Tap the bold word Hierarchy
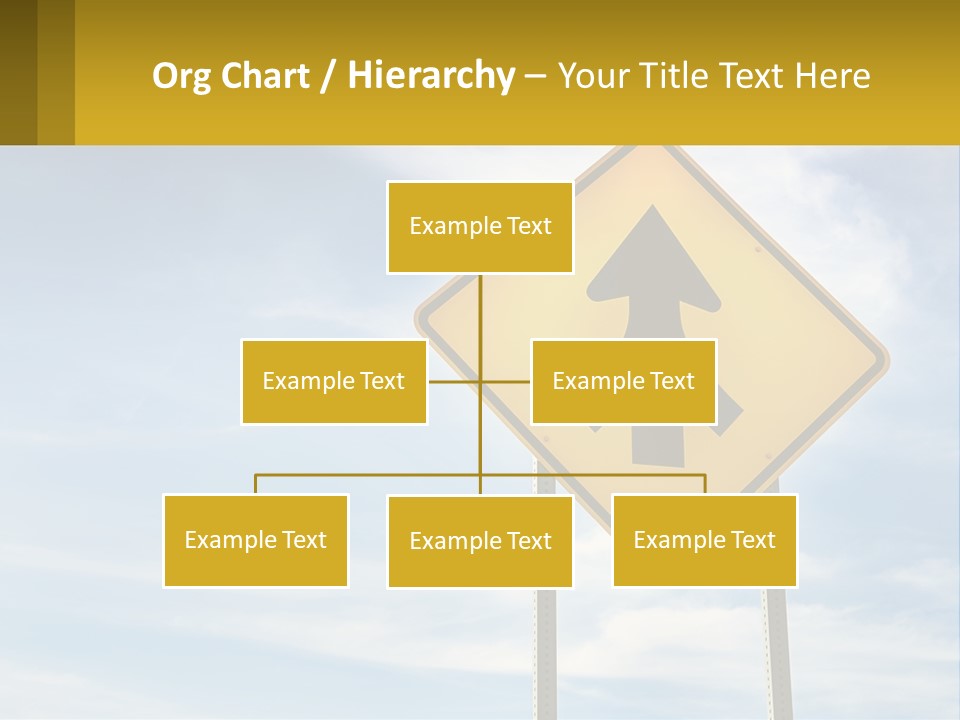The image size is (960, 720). [431, 77]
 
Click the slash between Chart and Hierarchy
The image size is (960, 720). [328, 77]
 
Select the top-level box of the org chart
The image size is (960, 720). [480, 227]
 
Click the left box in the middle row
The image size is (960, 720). [333, 381]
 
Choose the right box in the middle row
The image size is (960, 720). [623, 381]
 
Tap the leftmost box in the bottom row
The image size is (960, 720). [255, 540]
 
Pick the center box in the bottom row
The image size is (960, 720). [480, 541]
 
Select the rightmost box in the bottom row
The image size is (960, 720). [704, 540]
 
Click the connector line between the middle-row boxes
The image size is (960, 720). [455, 381]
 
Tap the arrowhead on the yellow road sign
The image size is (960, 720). [653, 250]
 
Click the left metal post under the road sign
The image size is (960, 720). [546, 650]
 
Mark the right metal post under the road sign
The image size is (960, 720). [777, 650]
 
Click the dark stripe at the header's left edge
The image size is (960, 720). [18, 72]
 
